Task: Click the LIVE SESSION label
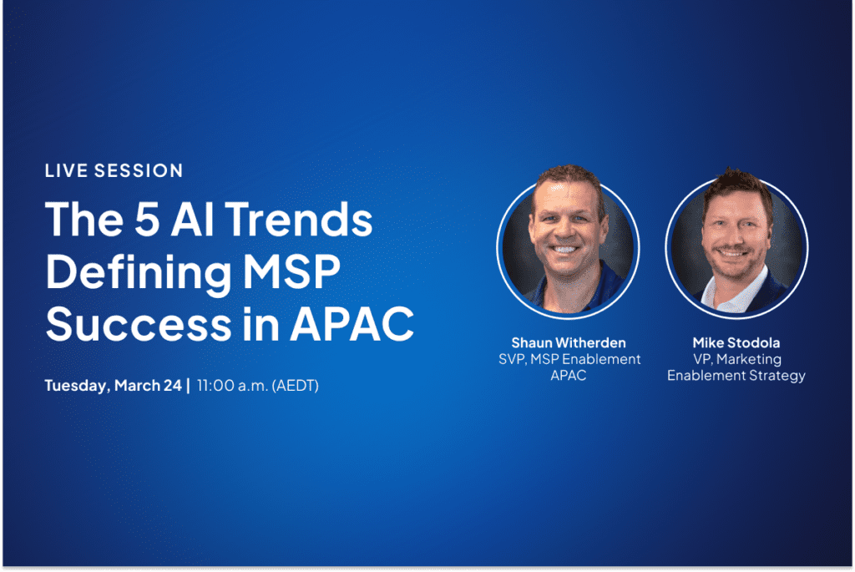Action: coord(114,170)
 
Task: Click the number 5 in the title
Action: coord(147,220)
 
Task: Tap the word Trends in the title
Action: coord(299,220)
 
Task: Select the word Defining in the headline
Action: coord(139,274)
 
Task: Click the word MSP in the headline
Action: coord(291,271)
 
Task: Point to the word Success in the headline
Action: coord(139,324)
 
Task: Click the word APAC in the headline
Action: coord(352,324)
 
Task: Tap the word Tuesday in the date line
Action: coord(78,386)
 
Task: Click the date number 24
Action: coord(172,386)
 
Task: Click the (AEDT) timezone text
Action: coord(295,386)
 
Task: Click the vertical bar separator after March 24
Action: coord(189,386)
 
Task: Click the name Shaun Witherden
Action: coord(568,343)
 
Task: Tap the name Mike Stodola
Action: coord(736,343)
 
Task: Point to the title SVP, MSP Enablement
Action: coord(569,359)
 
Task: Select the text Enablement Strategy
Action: coord(736,377)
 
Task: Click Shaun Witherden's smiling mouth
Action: coord(565,250)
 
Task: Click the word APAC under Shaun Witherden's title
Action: coord(568,376)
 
